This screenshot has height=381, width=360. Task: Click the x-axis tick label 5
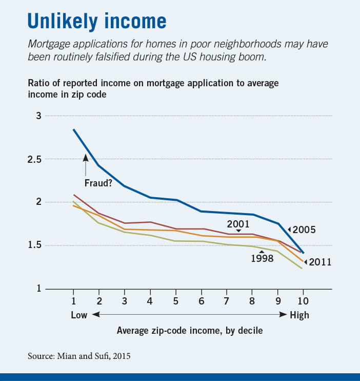coord(175,300)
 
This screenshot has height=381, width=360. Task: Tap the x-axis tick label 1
coord(73,300)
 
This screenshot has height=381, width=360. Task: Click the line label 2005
coord(305,230)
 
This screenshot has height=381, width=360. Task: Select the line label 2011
coord(321,262)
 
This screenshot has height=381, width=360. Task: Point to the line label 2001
coord(238,224)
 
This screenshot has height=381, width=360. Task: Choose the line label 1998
coord(262,258)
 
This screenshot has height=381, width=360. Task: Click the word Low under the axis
coord(78,315)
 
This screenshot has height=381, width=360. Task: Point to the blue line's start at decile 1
coord(73,129)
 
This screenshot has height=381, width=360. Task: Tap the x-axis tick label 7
coord(226,300)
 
